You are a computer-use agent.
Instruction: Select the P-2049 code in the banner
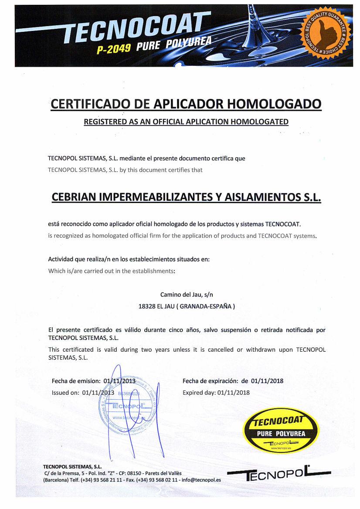pyautogui.click(x=114, y=48)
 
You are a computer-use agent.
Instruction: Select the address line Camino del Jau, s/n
pyautogui.click(x=187, y=295)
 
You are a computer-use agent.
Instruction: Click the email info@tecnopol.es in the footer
pyautogui.click(x=201, y=480)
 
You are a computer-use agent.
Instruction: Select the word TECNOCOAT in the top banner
pyautogui.click(x=135, y=28)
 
